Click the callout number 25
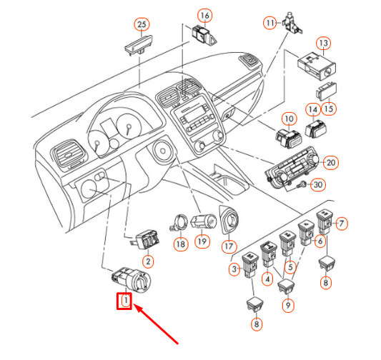(x=142, y=24)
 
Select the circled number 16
(x=205, y=16)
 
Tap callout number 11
(x=270, y=23)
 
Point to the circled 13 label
(x=323, y=43)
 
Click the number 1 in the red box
(x=126, y=301)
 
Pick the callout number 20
(x=331, y=162)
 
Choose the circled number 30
(x=318, y=184)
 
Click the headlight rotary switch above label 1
(x=132, y=279)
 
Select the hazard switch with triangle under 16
(x=204, y=36)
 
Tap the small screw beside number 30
(x=302, y=185)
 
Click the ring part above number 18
(x=179, y=222)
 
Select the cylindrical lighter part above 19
(x=204, y=221)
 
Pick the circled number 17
(x=229, y=246)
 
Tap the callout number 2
(x=148, y=261)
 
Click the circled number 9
(x=288, y=305)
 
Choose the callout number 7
(x=342, y=224)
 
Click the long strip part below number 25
(x=139, y=44)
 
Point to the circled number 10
(x=290, y=119)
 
